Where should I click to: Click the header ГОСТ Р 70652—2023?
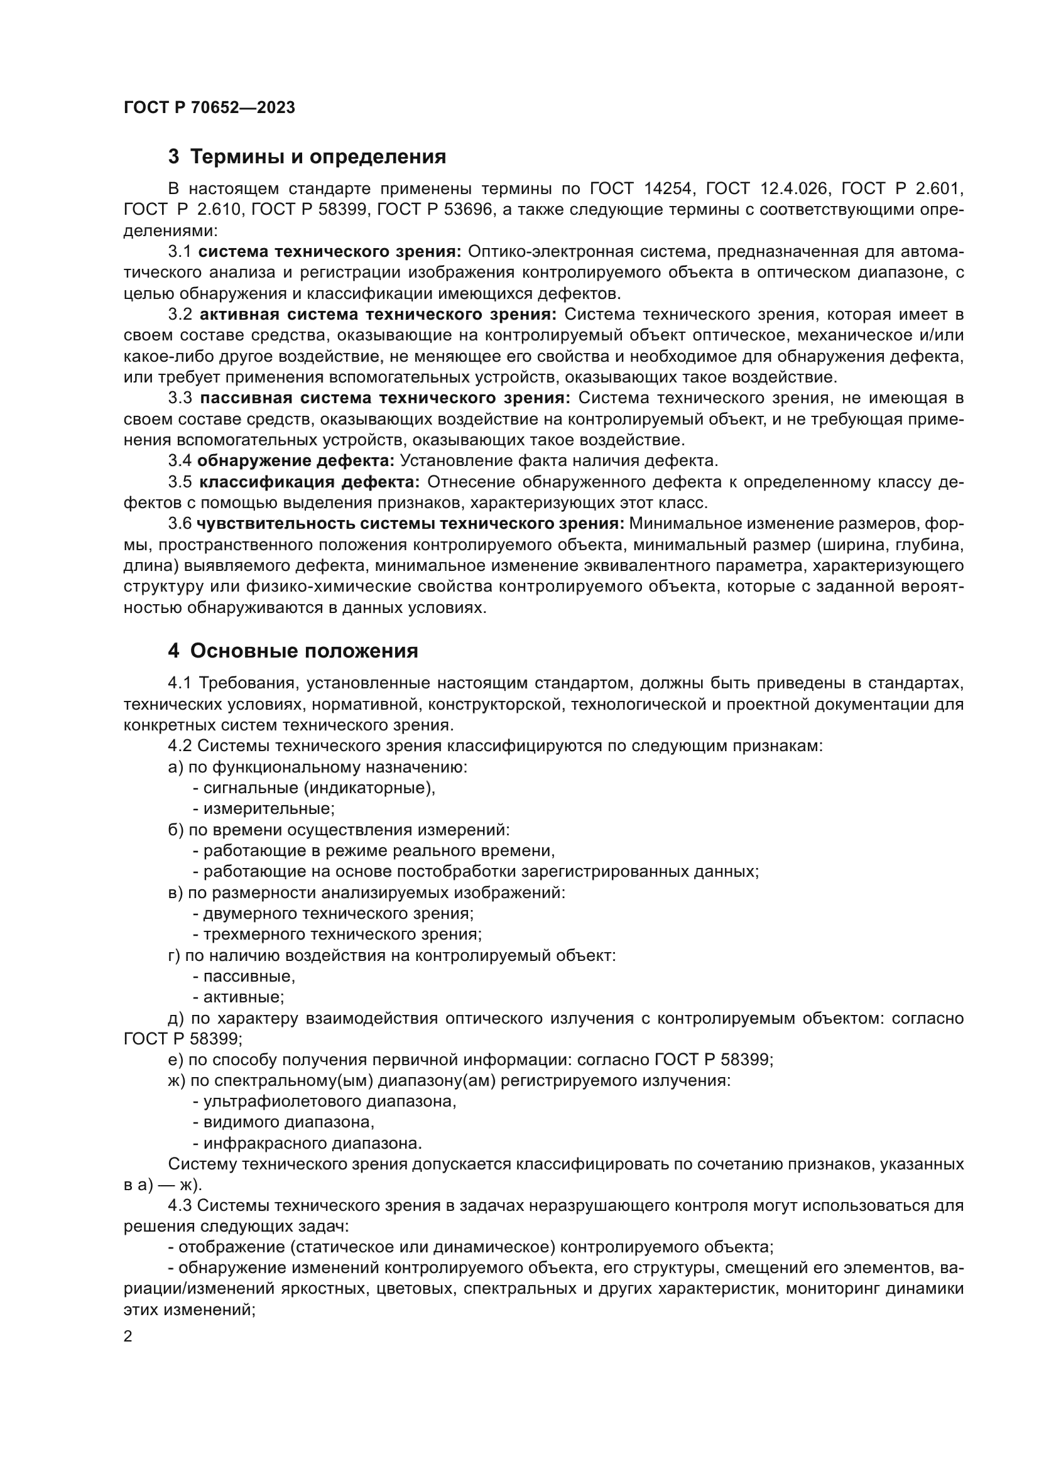point(209,108)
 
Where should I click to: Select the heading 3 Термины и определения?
point(307,157)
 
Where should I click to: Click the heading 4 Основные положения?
point(293,651)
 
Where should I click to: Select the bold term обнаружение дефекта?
point(296,460)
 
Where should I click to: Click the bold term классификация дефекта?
point(309,482)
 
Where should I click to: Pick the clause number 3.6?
point(180,523)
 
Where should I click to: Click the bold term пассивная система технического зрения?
point(384,398)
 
